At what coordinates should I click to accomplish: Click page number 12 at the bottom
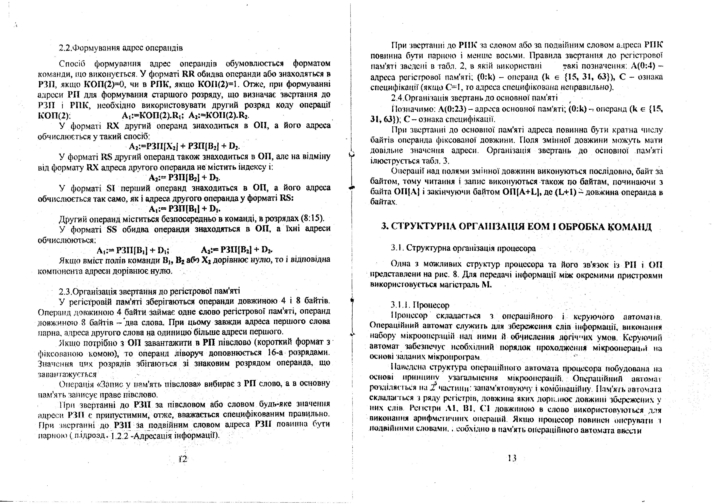[183, 459]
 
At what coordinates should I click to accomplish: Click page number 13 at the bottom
[512, 458]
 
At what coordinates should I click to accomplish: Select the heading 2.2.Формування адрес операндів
[121, 48]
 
